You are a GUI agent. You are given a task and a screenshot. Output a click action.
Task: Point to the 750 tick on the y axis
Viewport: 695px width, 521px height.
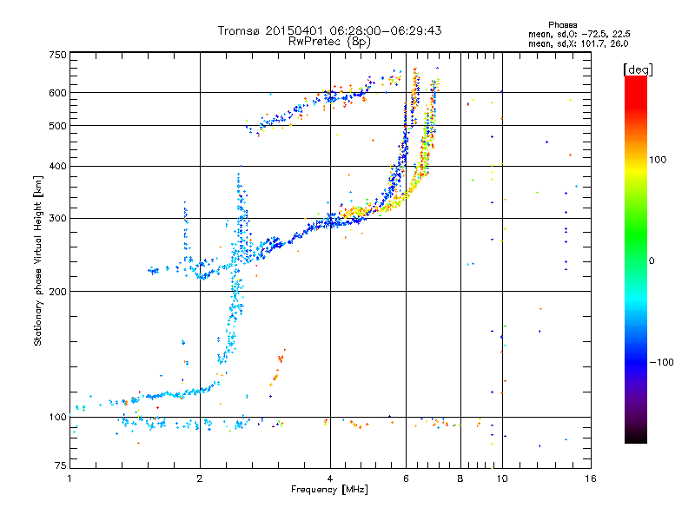coord(57,55)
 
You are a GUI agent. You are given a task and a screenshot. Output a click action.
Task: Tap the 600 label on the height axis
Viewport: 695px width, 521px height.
coord(57,93)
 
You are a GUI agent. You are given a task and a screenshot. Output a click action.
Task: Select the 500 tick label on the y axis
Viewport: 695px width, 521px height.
coord(57,126)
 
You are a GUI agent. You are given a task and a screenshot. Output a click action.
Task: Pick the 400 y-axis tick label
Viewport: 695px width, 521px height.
coord(57,167)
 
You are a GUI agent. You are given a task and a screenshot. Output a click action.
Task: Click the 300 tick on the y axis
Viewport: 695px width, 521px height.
coord(57,218)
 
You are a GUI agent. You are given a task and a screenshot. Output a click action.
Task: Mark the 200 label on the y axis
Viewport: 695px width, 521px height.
coord(57,292)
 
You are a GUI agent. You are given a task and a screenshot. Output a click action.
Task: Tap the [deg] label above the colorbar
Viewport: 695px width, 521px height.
coord(638,69)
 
